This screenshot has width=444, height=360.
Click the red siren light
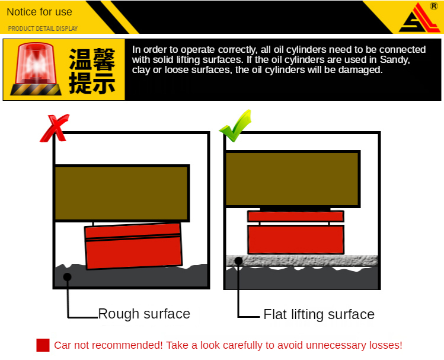pos(36,69)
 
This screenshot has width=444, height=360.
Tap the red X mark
pos(55,128)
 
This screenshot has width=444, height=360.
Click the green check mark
pos(235,126)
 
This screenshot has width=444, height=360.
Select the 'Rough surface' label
pos(144,314)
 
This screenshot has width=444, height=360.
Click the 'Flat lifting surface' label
pos(319,315)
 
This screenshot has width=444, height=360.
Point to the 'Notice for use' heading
pos(39,12)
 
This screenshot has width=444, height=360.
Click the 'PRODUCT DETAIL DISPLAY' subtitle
pos(43,28)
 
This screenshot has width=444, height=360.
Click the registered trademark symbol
pos(434,6)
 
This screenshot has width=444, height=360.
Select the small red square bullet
pos(43,345)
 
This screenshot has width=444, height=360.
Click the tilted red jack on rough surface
pos(133,246)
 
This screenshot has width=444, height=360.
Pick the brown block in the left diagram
pos(122,193)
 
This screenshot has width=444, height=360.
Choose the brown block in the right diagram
pos(292,179)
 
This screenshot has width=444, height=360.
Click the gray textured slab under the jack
pos(302,261)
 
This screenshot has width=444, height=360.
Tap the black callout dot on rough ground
pos(68,277)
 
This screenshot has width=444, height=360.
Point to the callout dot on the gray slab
pos(239,261)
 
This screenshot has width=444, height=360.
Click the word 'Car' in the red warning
pos(63,345)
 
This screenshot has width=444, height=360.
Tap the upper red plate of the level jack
pos(296,216)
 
